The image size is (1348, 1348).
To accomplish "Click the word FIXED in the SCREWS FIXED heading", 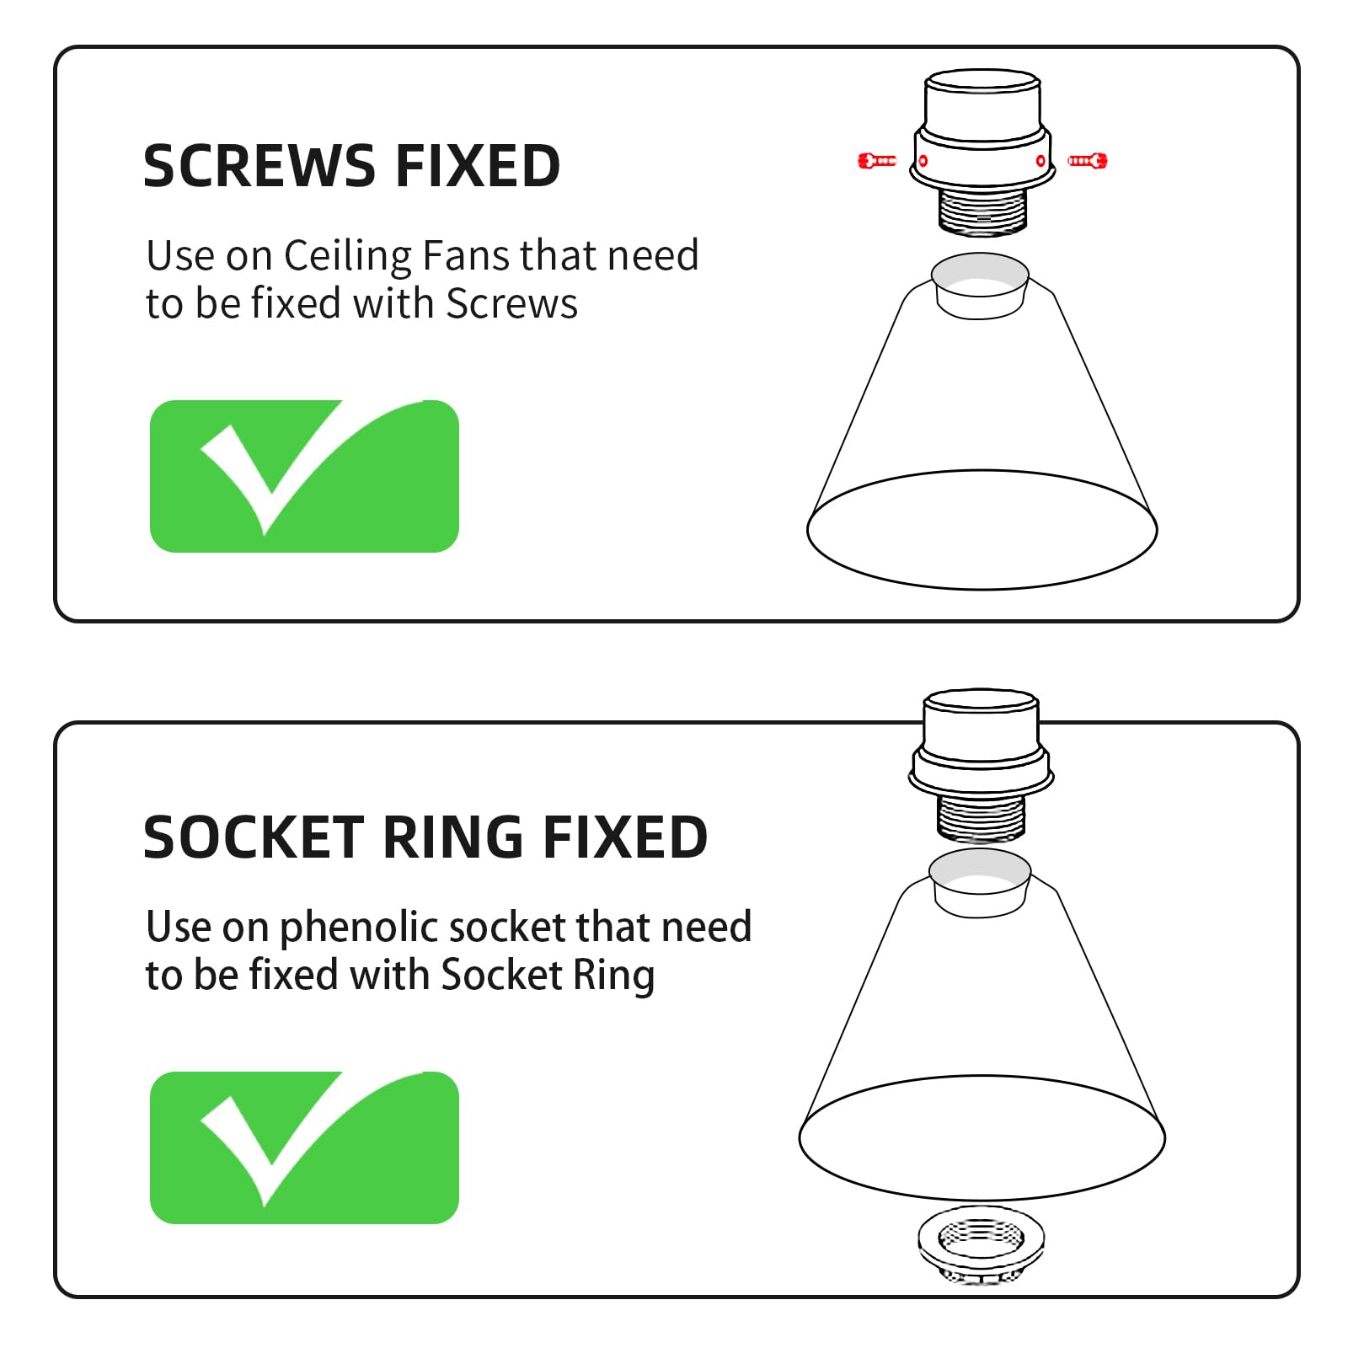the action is tap(478, 166).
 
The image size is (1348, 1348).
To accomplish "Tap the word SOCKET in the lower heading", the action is tap(253, 837).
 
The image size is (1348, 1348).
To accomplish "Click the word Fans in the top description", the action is tap(466, 255).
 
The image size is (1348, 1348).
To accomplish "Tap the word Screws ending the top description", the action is tap(511, 303).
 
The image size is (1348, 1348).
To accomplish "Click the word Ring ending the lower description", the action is tap(613, 976).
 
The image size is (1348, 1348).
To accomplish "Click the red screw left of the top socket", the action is tap(877, 160).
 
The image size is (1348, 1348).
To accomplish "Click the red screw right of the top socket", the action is tap(1088, 160).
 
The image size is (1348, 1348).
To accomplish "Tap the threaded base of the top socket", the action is tap(983, 210).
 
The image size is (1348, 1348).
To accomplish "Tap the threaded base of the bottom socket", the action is tap(982, 816).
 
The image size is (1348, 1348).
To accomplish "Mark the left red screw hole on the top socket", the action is tap(923, 161).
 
